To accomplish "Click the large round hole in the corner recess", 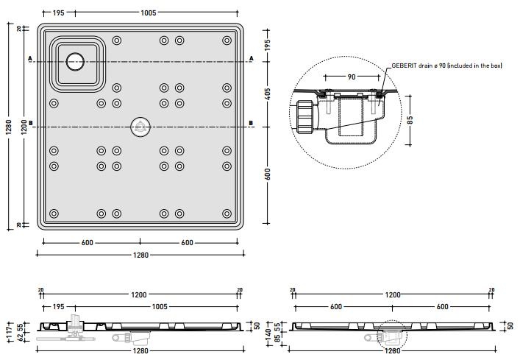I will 74,62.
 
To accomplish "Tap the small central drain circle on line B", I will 139,127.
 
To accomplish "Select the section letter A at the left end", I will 30,58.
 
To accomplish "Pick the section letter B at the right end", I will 251,123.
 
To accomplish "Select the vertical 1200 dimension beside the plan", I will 24,127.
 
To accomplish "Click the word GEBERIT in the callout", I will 405,66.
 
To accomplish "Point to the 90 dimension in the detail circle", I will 352,77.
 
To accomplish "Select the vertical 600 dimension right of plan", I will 268,174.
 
